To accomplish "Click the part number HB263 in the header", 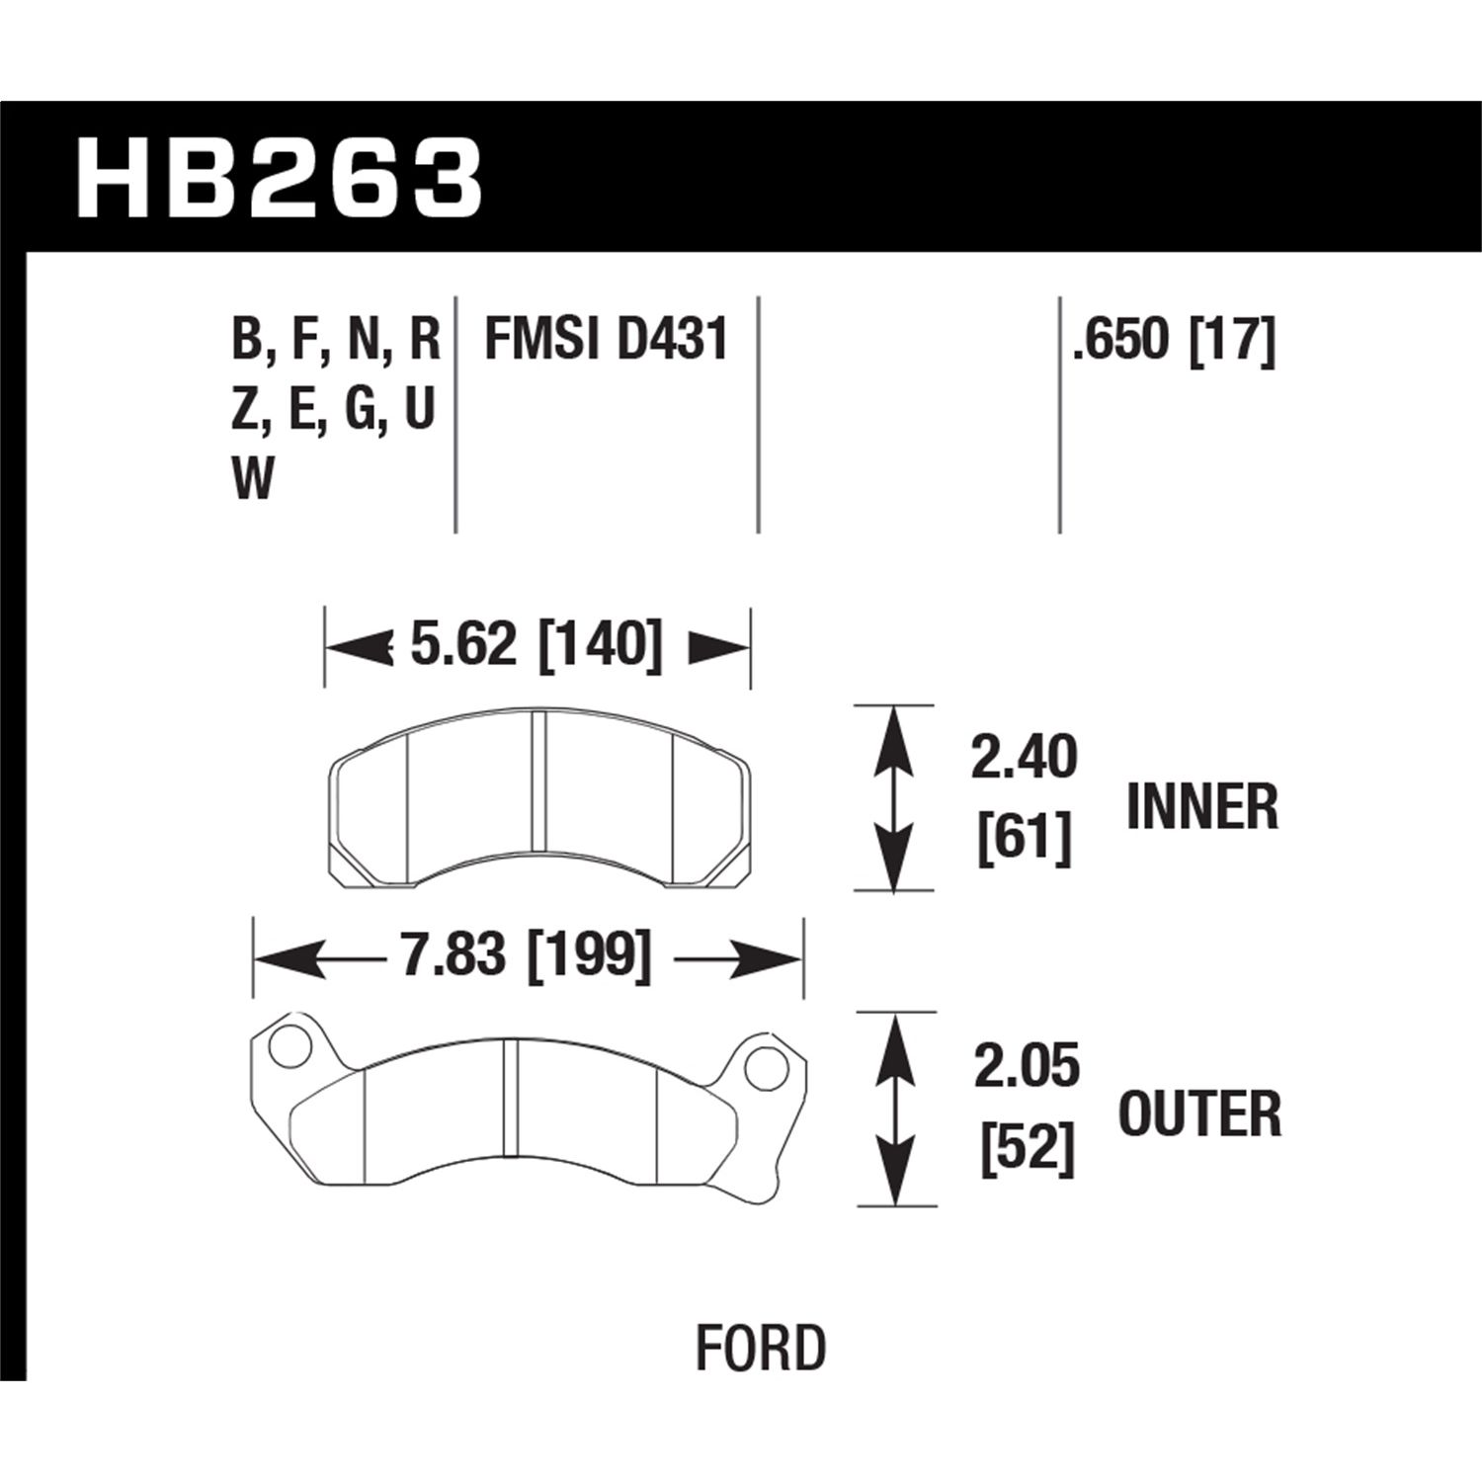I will point(279,178).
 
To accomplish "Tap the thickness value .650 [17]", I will point(1175,341).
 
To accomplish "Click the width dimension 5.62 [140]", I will point(536,646).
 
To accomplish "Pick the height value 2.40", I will point(1024,759).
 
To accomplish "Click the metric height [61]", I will point(1024,842).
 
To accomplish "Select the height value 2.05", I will point(1027,1067).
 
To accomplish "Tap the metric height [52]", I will point(1027,1150).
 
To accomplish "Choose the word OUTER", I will point(1199,1114).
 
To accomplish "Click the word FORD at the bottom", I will point(760,1349).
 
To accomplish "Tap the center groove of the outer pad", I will point(510,1097).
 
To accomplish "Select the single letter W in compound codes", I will point(253,481).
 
